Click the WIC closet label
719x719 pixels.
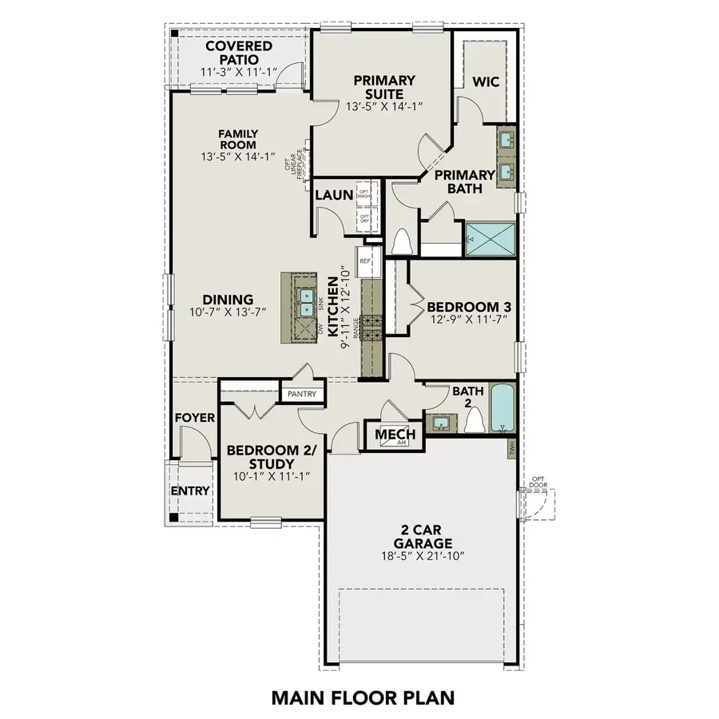(x=486, y=81)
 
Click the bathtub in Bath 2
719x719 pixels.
(x=501, y=408)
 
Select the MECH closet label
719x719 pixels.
(x=391, y=434)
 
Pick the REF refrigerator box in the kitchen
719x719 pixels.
(x=366, y=261)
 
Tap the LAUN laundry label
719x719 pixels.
(x=329, y=195)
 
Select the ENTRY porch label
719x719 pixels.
(x=190, y=491)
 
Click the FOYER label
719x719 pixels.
(x=194, y=417)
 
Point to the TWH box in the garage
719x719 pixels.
(x=510, y=449)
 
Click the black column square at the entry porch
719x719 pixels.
(x=173, y=516)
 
